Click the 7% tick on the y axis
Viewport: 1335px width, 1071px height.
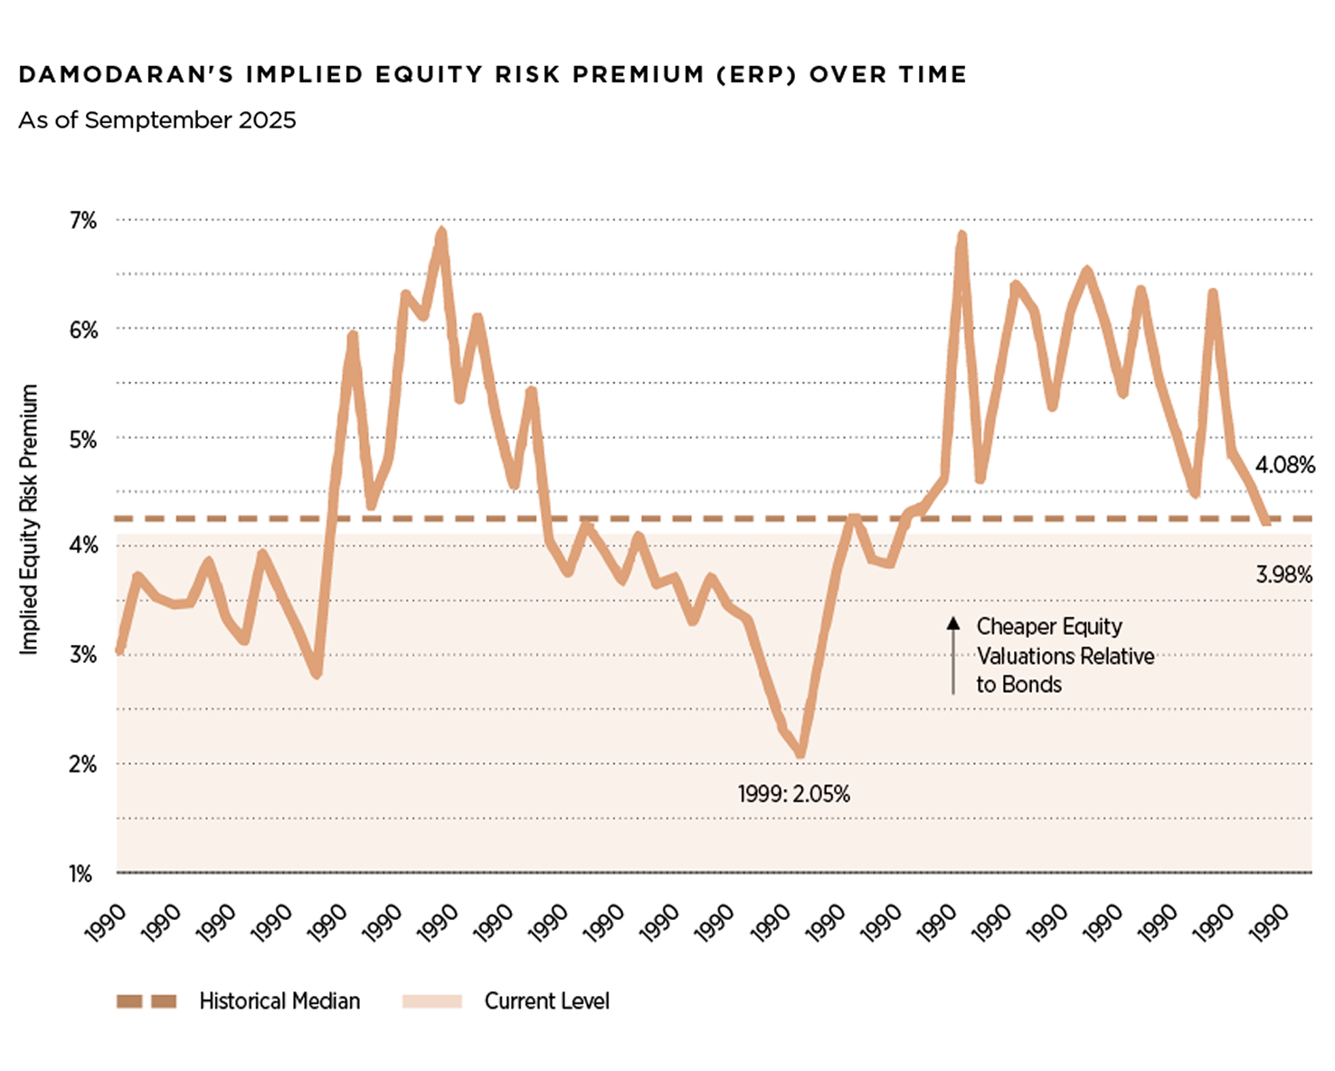point(82,221)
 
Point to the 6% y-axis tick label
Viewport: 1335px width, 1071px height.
point(82,330)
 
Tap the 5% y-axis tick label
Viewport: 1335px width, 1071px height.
point(82,440)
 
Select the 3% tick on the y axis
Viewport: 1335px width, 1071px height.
point(82,655)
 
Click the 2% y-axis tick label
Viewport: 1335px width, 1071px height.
point(82,764)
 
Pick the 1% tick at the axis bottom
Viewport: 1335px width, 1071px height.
point(80,874)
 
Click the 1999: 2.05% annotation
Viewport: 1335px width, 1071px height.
point(793,794)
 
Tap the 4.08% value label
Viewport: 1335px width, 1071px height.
point(1284,465)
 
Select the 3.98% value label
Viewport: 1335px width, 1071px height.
point(1283,574)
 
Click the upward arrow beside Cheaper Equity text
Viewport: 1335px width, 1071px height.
point(952,655)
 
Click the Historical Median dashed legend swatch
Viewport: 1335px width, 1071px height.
point(147,1001)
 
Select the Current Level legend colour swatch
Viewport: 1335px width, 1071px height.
point(431,1001)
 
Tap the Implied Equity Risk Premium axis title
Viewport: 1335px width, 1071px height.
point(29,519)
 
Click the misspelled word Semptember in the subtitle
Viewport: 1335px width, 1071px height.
point(158,120)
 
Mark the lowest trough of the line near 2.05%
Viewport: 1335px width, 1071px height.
point(800,753)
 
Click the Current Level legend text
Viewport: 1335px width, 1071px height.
point(546,1001)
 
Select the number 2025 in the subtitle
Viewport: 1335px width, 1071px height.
point(267,120)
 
